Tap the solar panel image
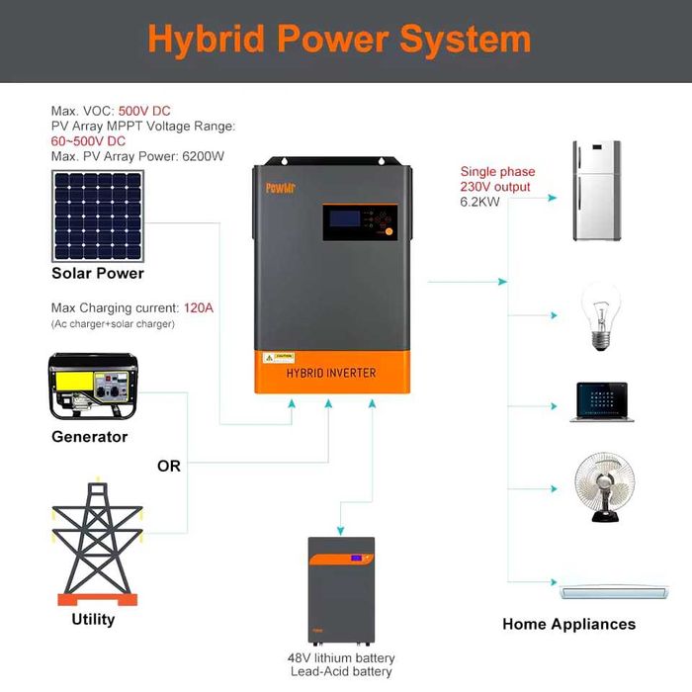point(97,214)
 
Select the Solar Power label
point(98,273)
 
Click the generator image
point(90,389)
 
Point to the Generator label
point(90,436)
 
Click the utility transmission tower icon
point(95,543)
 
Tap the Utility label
point(93,619)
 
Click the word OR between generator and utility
point(169,466)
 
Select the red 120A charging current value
point(199,308)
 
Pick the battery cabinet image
point(341,591)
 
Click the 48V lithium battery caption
point(341,657)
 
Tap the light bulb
point(599,316)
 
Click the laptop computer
point(601,402)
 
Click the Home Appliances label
point(568,624)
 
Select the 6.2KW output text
point(481,202)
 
